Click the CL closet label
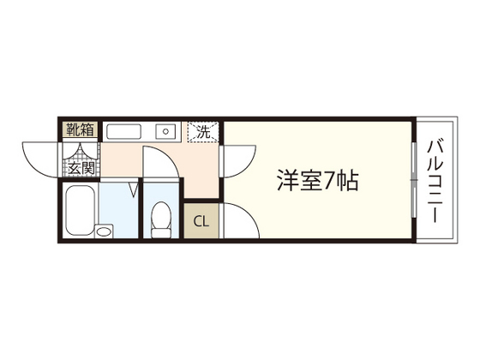click(x=201, y=221)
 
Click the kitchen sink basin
click(x=124, y=131)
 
